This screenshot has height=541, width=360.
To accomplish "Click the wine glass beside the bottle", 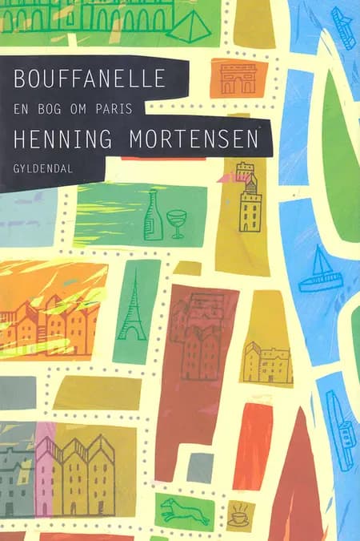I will [176, 222].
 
